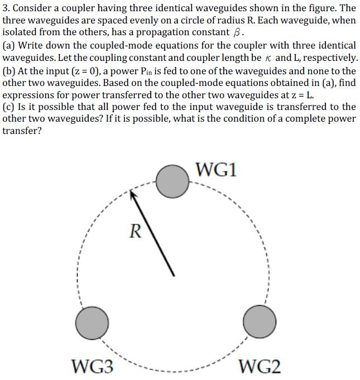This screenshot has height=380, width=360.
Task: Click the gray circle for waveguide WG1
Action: tap(172, 181)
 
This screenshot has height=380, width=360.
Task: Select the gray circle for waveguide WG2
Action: tap(260, 322)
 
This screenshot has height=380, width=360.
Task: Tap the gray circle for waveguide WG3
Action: tap(92, 322)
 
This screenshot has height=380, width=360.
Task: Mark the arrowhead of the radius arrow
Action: tap(133, 195)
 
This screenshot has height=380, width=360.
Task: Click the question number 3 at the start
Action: tap(5, 9)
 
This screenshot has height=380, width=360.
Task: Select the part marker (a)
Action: tap(9, 46)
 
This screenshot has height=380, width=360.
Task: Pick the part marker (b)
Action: tap(9, 71)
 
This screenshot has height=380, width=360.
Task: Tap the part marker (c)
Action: tap(9, 107)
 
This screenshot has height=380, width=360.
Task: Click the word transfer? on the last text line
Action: tap(22, 131)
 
